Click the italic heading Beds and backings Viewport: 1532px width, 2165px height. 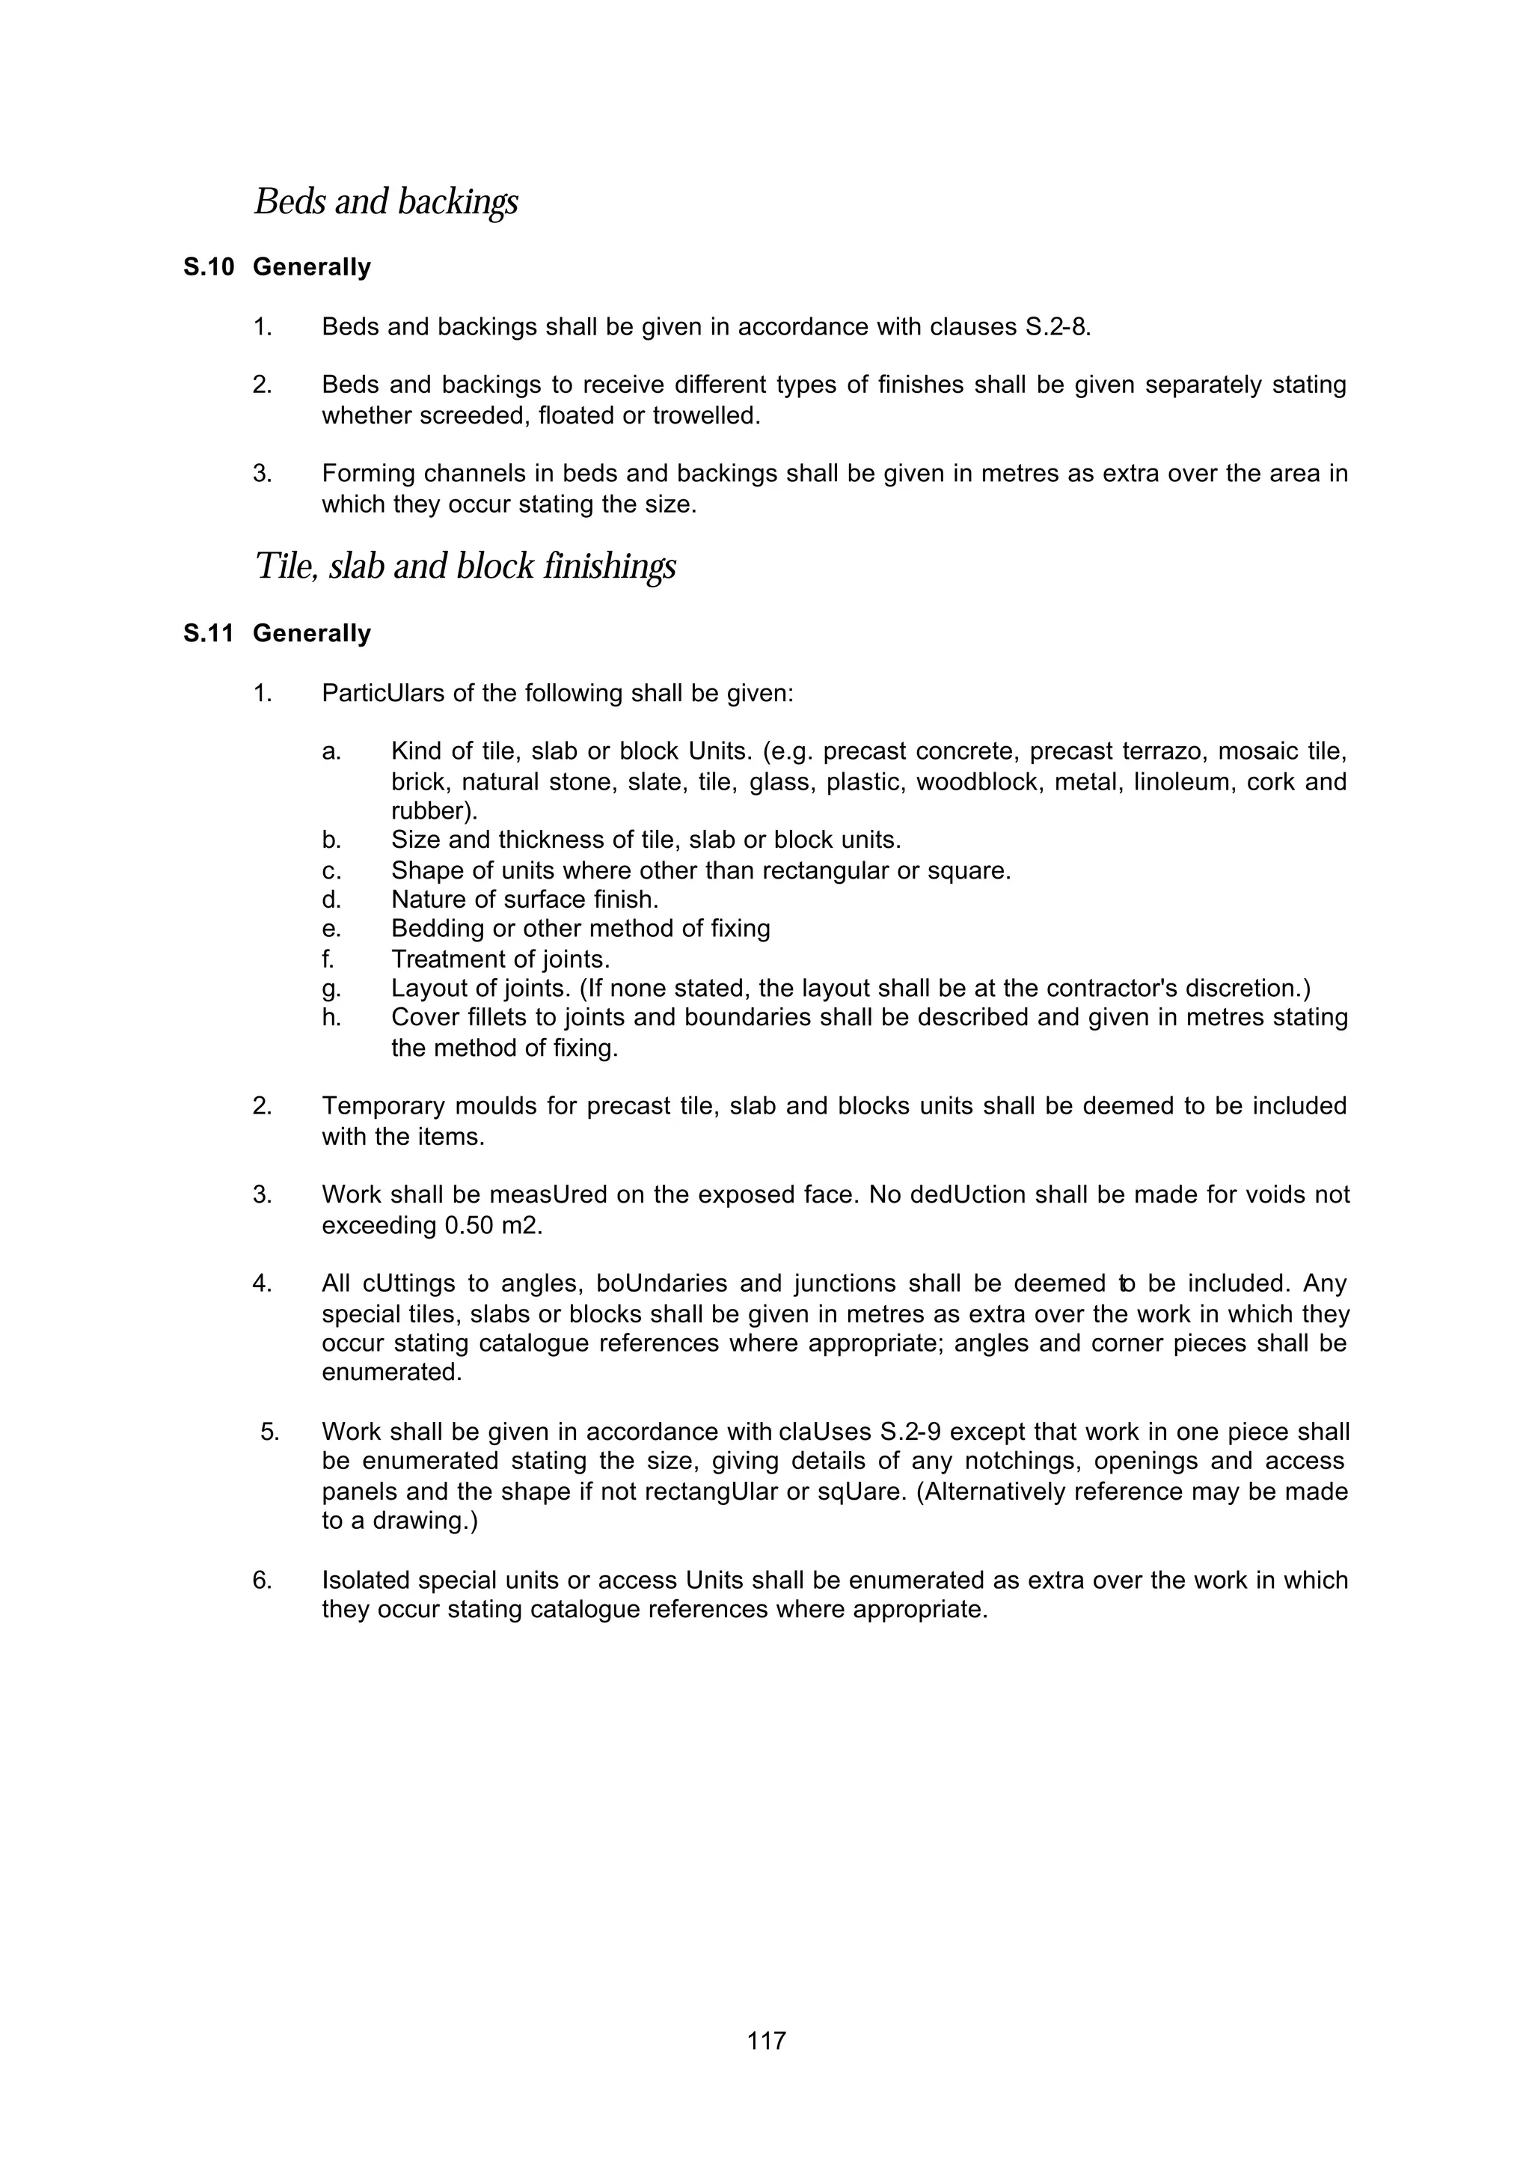coord(386,202)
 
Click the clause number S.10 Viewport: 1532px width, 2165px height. coord(209,268)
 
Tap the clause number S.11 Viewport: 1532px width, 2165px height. coord(209,633)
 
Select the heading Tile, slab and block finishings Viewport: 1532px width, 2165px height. coord(465,567)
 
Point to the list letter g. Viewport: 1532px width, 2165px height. coord(330,989)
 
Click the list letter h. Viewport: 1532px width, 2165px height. coord(330,1019)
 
